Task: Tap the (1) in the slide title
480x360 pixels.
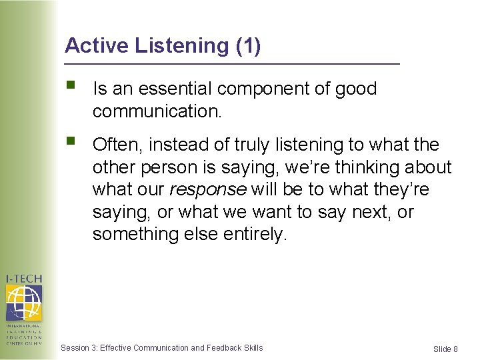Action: (x=248, y=46)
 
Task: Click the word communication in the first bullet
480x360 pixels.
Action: (x=156, y=111)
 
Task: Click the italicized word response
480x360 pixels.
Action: (x=208, y=190)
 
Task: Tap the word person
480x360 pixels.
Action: (x=163, y=167)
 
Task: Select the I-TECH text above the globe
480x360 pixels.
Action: (x=23, y=279)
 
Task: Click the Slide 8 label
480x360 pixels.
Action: (x=445, y=349)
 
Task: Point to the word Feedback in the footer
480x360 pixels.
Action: (x=225, y=347)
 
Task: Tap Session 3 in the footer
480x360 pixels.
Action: (x=78, y=347)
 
